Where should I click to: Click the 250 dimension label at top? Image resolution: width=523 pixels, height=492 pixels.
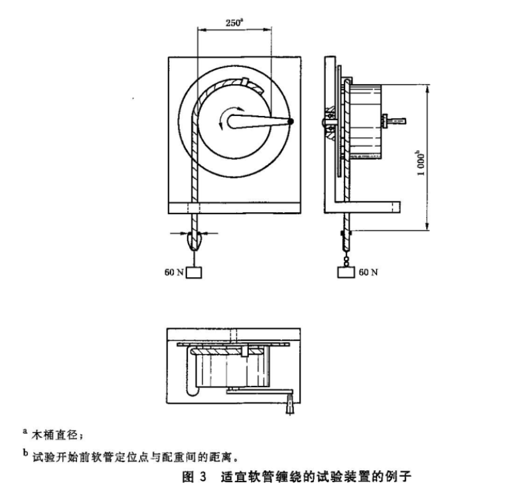(234, 22)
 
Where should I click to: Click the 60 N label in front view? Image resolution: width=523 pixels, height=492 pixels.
(173, 272)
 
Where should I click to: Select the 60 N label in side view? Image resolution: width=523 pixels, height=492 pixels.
(367, 272)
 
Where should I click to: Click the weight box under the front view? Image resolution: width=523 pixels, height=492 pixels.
(194, 272)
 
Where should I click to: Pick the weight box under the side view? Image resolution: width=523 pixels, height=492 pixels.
(346, 272)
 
